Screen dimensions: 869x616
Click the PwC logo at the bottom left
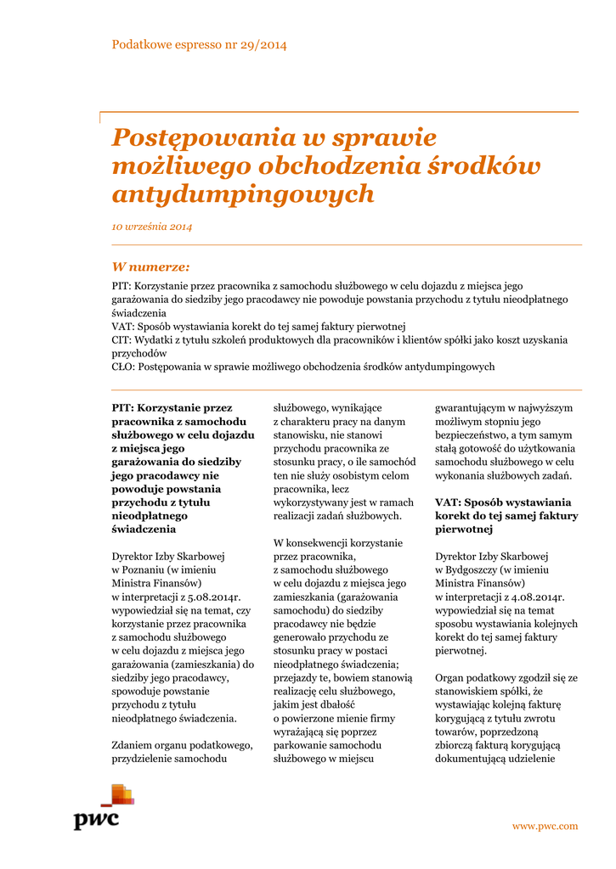click(104, 807)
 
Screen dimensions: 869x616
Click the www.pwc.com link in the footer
click(545, 826)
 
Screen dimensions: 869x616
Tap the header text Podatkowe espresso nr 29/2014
click(199, 44)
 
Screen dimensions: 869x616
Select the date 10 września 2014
click(152, 227)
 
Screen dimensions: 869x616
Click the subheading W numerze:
click(150, 266)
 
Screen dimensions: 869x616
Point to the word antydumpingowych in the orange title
click(243, 193)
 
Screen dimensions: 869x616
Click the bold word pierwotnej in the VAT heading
click(463, 530)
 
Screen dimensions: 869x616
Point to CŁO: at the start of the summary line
click(123, 367)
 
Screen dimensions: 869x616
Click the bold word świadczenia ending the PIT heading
click(144, 529)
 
